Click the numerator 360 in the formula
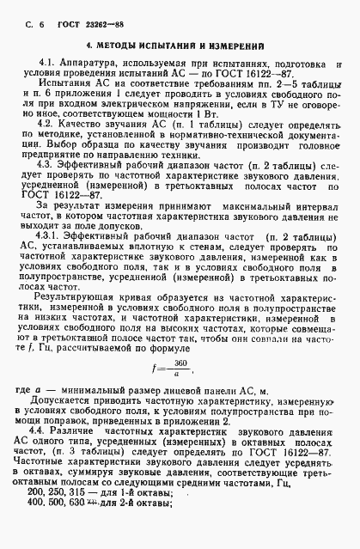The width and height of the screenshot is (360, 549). click(181, 363)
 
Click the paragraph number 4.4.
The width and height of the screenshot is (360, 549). click(47, 439)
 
